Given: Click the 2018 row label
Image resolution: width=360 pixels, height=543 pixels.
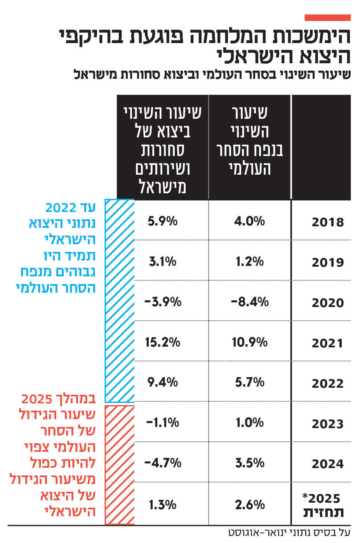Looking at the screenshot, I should [x=327, y=222].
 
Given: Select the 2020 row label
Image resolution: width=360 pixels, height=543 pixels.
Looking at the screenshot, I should [x=327, y=302].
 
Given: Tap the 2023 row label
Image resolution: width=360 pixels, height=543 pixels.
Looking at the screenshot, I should [x=327, y=423].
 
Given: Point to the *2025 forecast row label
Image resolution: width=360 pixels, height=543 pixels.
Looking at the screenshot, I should [x=323, y=505].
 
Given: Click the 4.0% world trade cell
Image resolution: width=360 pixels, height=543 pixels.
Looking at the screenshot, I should [x=249, y=221].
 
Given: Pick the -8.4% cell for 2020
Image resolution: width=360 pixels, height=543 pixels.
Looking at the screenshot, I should [x=249, y=302].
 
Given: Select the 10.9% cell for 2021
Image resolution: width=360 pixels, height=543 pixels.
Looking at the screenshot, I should [x=249, y=342].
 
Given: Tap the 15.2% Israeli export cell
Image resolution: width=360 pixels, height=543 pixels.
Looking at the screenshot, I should [x=162, y=342].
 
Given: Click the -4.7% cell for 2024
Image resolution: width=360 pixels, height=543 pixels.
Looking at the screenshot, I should [x=162, y=463].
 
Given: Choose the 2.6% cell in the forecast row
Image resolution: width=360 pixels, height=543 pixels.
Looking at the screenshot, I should [x=249, y=505].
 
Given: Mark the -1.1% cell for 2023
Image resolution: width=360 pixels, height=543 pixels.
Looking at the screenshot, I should [x=162, y=422].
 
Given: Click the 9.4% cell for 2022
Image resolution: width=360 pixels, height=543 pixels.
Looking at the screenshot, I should [x=162, y=382].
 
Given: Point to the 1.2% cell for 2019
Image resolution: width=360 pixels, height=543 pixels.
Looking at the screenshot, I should [x=249, y=262].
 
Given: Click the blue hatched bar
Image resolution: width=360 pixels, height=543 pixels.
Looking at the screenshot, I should [x=120, y=301].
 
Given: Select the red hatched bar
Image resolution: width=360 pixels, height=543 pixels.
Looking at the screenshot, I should [x=120, y=465].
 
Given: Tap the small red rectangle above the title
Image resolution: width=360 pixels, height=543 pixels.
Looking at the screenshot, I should [x=327, y=18].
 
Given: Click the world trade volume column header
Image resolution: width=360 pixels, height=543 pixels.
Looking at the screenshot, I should [x=249, y=141].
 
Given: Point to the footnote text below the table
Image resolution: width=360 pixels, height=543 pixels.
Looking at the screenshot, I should [x=289, y=533].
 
